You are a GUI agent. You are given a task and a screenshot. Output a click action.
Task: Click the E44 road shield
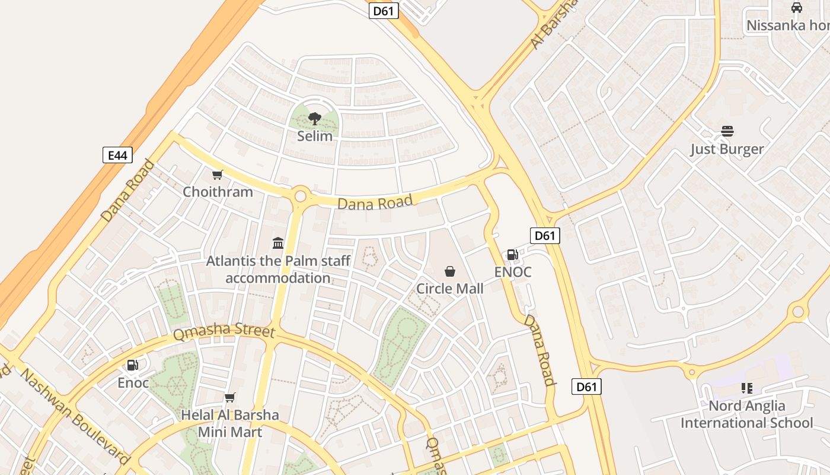[117, 156]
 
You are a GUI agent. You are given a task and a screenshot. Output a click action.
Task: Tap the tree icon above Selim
[315, 118]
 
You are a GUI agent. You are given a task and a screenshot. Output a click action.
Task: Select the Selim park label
[315, 136]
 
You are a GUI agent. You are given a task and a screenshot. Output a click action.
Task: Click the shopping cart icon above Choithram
[218, 175]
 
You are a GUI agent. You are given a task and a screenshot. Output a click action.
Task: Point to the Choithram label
[218, 192]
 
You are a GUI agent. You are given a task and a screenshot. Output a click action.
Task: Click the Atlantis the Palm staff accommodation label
[278, 270]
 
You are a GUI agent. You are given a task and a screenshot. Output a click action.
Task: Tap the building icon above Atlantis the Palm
[278, 243]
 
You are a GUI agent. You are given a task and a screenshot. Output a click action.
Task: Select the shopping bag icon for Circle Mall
[450, 271]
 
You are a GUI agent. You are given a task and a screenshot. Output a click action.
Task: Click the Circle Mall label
[450, 289]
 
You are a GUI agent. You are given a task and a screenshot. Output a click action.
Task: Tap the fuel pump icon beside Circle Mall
[513, 255]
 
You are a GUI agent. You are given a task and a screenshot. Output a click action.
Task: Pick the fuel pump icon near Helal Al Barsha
[133, 365]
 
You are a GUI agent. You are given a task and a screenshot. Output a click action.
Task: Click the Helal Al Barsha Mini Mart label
[230, 423]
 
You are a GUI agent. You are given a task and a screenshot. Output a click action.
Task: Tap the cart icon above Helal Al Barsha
[230, 397]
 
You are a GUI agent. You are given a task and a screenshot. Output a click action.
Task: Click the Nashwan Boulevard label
[74, 416]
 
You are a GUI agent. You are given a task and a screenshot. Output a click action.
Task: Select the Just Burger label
[727, 148]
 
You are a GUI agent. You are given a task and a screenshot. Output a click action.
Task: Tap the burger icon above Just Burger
[727, 131]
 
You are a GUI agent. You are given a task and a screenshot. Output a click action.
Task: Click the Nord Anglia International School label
[747, 414]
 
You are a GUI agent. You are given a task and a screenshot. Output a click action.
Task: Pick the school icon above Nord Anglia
[747, 388]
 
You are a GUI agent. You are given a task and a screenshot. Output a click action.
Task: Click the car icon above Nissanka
[797, 8]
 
